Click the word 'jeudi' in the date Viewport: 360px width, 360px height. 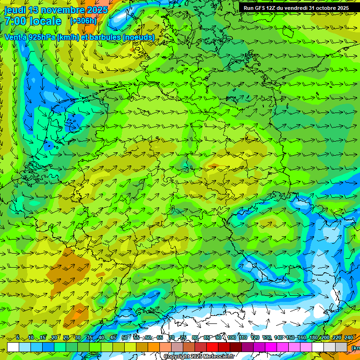[15, 10]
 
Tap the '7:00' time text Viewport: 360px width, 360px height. [15, 21]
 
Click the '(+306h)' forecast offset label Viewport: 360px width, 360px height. [83, 21]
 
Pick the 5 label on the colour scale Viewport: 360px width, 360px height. [18, 337]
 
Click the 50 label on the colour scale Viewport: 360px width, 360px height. [125, 337]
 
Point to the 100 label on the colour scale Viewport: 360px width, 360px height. [232, 337]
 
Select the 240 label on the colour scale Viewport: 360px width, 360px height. [349, 337]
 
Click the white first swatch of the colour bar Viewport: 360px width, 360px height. [13, 347]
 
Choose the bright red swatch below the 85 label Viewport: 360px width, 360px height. [212, 347]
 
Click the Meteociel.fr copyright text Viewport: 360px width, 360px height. [199, 356]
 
